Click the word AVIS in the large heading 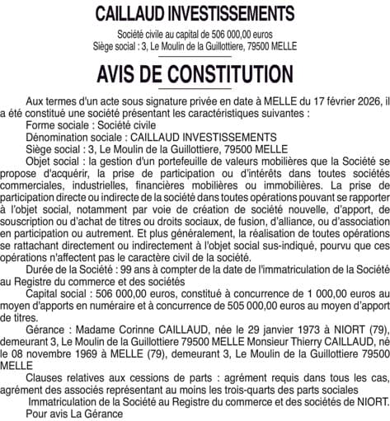(121, 75)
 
